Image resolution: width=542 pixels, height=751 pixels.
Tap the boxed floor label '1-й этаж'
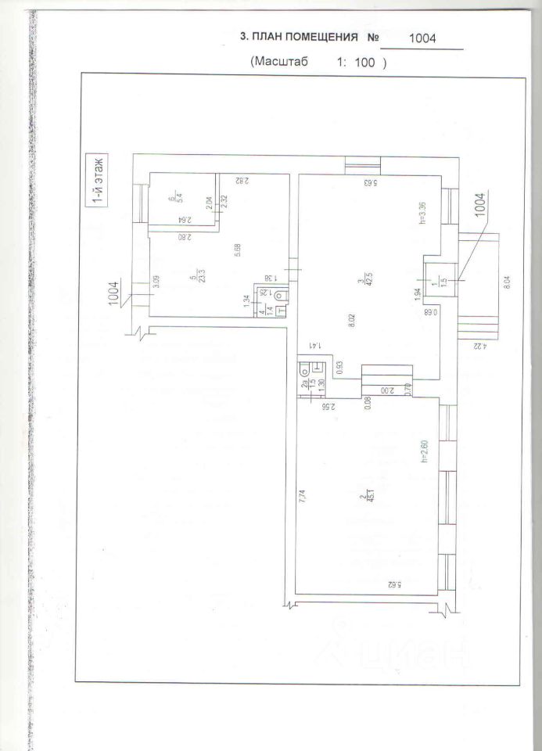click(99, 181)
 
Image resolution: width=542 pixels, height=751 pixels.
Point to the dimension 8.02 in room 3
click(354, 322)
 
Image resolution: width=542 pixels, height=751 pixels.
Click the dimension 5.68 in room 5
click(237, 250)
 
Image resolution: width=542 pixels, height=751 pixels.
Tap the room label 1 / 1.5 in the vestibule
click(442, 280)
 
